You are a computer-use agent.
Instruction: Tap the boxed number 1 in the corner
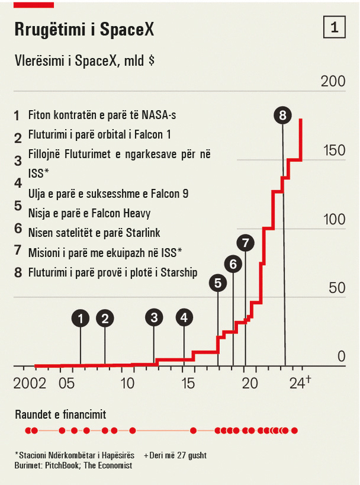pos(333,27)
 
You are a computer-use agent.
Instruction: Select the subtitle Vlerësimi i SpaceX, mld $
pos(80,60)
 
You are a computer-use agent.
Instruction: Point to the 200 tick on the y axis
pos(332,82)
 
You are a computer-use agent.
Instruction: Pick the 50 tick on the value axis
pos(337,288)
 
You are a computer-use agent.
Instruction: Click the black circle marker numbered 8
pos(282,115)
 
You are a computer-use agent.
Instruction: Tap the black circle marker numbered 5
pos(218,283)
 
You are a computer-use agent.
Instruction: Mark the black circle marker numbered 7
pos(245,242)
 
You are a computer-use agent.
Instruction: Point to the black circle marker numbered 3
pos(154,317)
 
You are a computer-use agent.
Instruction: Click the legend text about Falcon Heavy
pos(89,213)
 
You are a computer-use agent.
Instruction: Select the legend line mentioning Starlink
pos(94,233)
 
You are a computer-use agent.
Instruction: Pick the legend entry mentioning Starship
pos(112,272)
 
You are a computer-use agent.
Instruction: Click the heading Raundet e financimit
pos(60,414)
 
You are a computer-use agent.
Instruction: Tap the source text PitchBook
pos(63,465)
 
